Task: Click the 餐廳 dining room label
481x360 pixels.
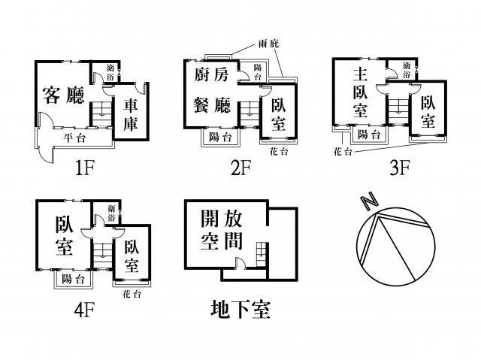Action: pos(210,104)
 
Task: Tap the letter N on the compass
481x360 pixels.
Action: pos(368,201)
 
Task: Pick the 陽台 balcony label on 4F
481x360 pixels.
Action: pos(73,278)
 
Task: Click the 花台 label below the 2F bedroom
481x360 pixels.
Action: pos(277,151)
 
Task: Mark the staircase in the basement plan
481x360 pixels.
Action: pos(260,252)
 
